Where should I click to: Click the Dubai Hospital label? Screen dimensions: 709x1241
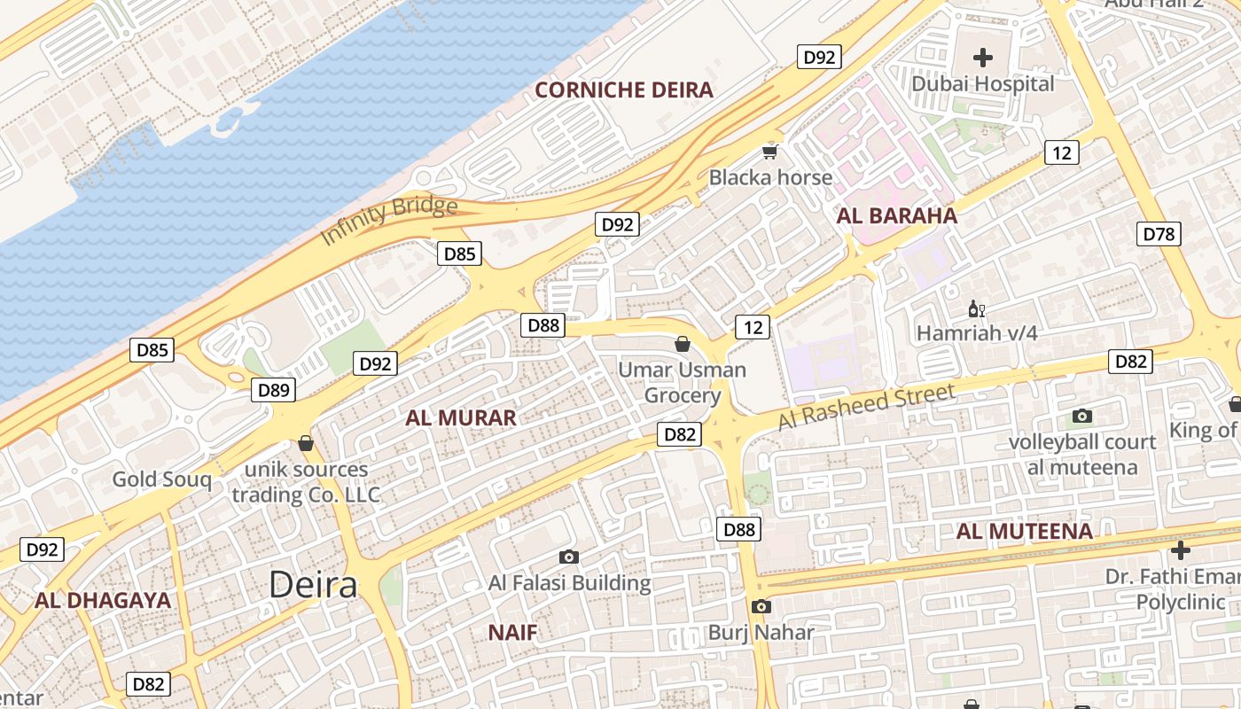(x=983, y=84)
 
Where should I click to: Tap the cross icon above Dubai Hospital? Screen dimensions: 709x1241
(x=983, y=58)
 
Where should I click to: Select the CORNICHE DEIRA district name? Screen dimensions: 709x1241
(x=624, y=90)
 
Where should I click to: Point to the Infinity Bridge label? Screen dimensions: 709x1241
(x=389, y=221)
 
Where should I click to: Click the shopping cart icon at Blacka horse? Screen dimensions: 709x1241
(x=769, y=152)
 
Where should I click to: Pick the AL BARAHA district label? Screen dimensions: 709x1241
(x=897, y=215)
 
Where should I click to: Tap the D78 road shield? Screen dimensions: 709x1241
(x=1159, y=234)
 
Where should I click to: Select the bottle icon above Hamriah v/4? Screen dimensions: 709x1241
(x=976, y=309)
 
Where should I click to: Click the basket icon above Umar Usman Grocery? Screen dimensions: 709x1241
(x=683, y=344)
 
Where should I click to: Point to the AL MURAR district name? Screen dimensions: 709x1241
(x=461, y=417)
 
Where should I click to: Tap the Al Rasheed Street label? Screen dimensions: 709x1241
(x=866, y=407)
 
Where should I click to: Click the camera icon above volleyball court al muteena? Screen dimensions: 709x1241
(x=1082, y=416)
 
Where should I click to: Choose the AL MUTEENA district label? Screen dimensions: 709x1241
(x=1024, y=531)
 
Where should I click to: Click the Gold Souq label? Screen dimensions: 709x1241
(x=161, y=479)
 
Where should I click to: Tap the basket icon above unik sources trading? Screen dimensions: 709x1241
(x=306, y=443)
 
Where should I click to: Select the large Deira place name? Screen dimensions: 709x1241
(x=313, y=584)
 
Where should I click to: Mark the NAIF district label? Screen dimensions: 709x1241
(x=512, y=632)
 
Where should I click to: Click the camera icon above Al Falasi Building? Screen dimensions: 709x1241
(x=569, y=557)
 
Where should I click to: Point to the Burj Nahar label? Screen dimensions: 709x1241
(x=761, y=633)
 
